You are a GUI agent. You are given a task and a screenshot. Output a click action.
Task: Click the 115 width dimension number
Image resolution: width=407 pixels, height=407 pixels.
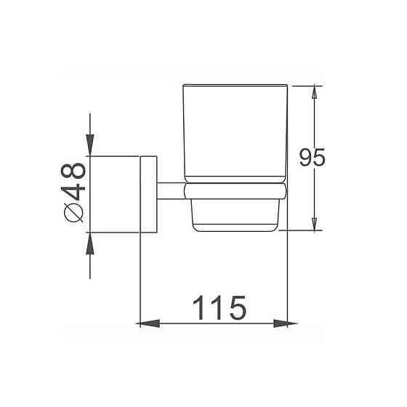(219, 308)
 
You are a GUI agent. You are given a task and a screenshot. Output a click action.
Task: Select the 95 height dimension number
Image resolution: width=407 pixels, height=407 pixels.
(312, 157)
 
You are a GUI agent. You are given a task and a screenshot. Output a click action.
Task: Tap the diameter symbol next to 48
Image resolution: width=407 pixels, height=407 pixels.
(73, 213)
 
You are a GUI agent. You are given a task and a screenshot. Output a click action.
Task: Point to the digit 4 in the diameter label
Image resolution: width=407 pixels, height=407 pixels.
(73, 191)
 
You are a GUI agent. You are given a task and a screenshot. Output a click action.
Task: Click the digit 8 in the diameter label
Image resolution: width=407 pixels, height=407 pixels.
(73, 171)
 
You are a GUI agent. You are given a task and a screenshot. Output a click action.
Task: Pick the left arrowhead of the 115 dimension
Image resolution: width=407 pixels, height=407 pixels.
(148, 323)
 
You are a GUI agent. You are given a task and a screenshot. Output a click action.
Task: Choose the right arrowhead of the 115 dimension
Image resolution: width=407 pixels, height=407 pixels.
(285, 323)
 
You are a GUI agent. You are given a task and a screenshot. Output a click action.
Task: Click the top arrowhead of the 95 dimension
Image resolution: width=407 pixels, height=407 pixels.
(314, 94)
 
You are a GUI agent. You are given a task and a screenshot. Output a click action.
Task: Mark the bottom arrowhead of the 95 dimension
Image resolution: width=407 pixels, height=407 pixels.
(314, 223)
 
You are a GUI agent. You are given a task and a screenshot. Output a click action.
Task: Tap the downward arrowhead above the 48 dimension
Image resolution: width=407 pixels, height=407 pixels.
(90, 145)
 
